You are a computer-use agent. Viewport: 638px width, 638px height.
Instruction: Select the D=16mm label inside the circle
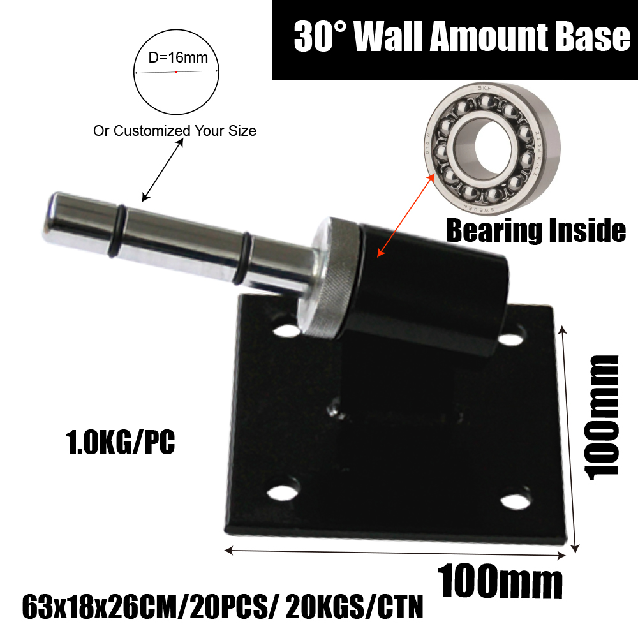(178, 57)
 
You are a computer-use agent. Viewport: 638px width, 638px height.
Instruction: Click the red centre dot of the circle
(176, 72)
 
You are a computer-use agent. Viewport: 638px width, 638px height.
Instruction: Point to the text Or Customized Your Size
(175, 131)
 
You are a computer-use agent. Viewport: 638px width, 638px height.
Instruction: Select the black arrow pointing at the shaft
(162, 169)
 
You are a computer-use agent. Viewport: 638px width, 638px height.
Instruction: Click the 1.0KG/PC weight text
(121, 442)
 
